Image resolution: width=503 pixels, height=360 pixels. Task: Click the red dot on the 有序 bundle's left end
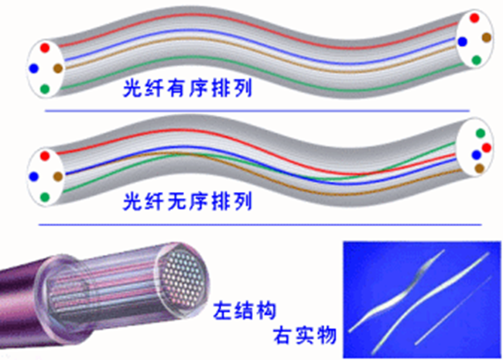(43, 49)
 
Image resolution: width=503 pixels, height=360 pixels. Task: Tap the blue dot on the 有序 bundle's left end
(33, 68)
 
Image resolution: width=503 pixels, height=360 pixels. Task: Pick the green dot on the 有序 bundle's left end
(44, 89)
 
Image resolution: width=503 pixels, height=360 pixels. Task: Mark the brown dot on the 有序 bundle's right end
(486, 37)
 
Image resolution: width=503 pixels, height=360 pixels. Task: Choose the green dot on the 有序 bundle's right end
(476, 60)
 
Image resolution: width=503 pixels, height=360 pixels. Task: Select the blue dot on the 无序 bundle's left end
(33, 177)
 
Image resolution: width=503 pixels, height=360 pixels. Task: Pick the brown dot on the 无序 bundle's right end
(479, 167)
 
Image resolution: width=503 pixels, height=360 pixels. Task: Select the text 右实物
(306, 335)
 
